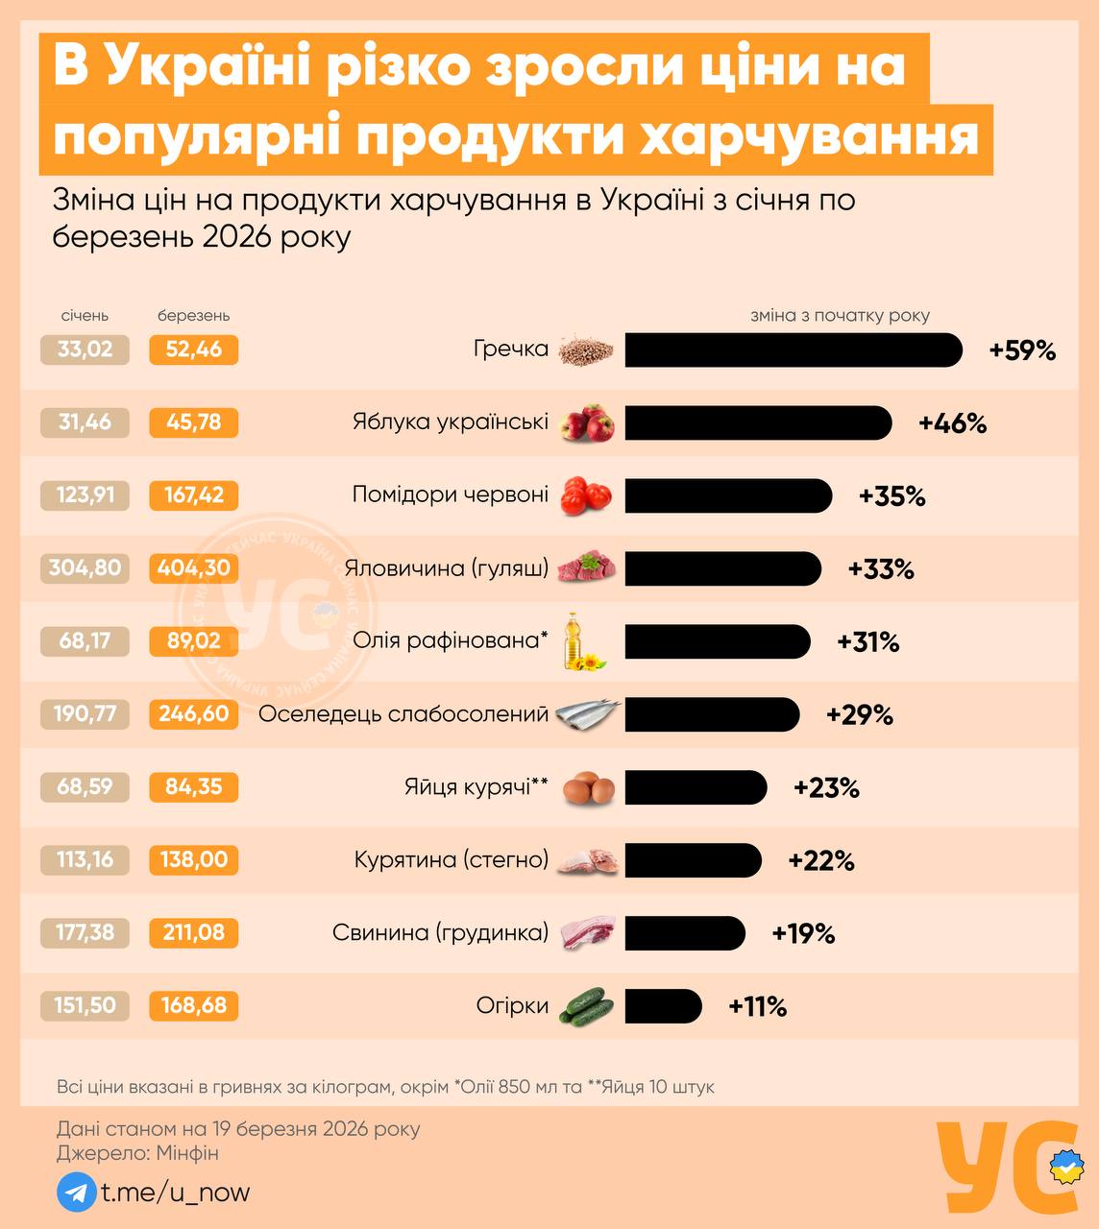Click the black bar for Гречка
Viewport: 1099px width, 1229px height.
[793, 350]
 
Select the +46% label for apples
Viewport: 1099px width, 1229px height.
[952, 423]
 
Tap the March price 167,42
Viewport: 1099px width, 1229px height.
[194, 495]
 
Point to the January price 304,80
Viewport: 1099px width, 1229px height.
[85, 568]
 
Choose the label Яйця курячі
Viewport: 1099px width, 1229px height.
[476, 787]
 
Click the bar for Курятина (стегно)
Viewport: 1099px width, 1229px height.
[693, 860]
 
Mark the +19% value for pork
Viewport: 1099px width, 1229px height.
[803, 933]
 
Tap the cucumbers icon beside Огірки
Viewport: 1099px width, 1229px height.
[587, 1006]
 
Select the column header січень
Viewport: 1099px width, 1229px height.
[85, 316]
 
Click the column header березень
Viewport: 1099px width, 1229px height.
[194, 316]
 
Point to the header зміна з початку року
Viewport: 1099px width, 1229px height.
[840, 316]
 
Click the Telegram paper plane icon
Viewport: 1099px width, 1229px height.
[76, 1193]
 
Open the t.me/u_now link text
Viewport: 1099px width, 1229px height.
[176, 1193]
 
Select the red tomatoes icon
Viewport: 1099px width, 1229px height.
[586, 495]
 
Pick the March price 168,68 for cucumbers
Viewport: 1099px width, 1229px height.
[194, 1006]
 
